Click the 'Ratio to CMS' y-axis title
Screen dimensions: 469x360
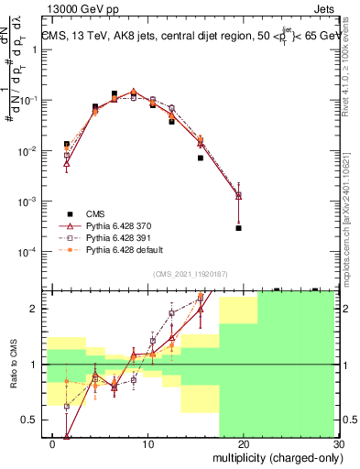12,365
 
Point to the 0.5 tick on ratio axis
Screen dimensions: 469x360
33,420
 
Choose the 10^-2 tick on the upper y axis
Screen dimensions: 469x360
30,150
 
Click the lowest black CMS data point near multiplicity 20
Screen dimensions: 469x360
238,228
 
